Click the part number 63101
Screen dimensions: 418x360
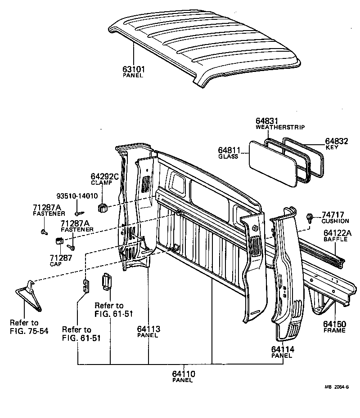point(133,69)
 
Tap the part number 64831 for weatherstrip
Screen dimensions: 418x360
point(267,121)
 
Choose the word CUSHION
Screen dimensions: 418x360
point(335,221)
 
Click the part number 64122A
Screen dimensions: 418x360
point(337,233)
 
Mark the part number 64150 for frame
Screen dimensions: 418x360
point(334,324)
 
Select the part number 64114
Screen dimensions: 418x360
point(282,349)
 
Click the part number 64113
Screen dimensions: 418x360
point(148,329)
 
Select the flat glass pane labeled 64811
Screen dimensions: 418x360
point(273,165)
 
